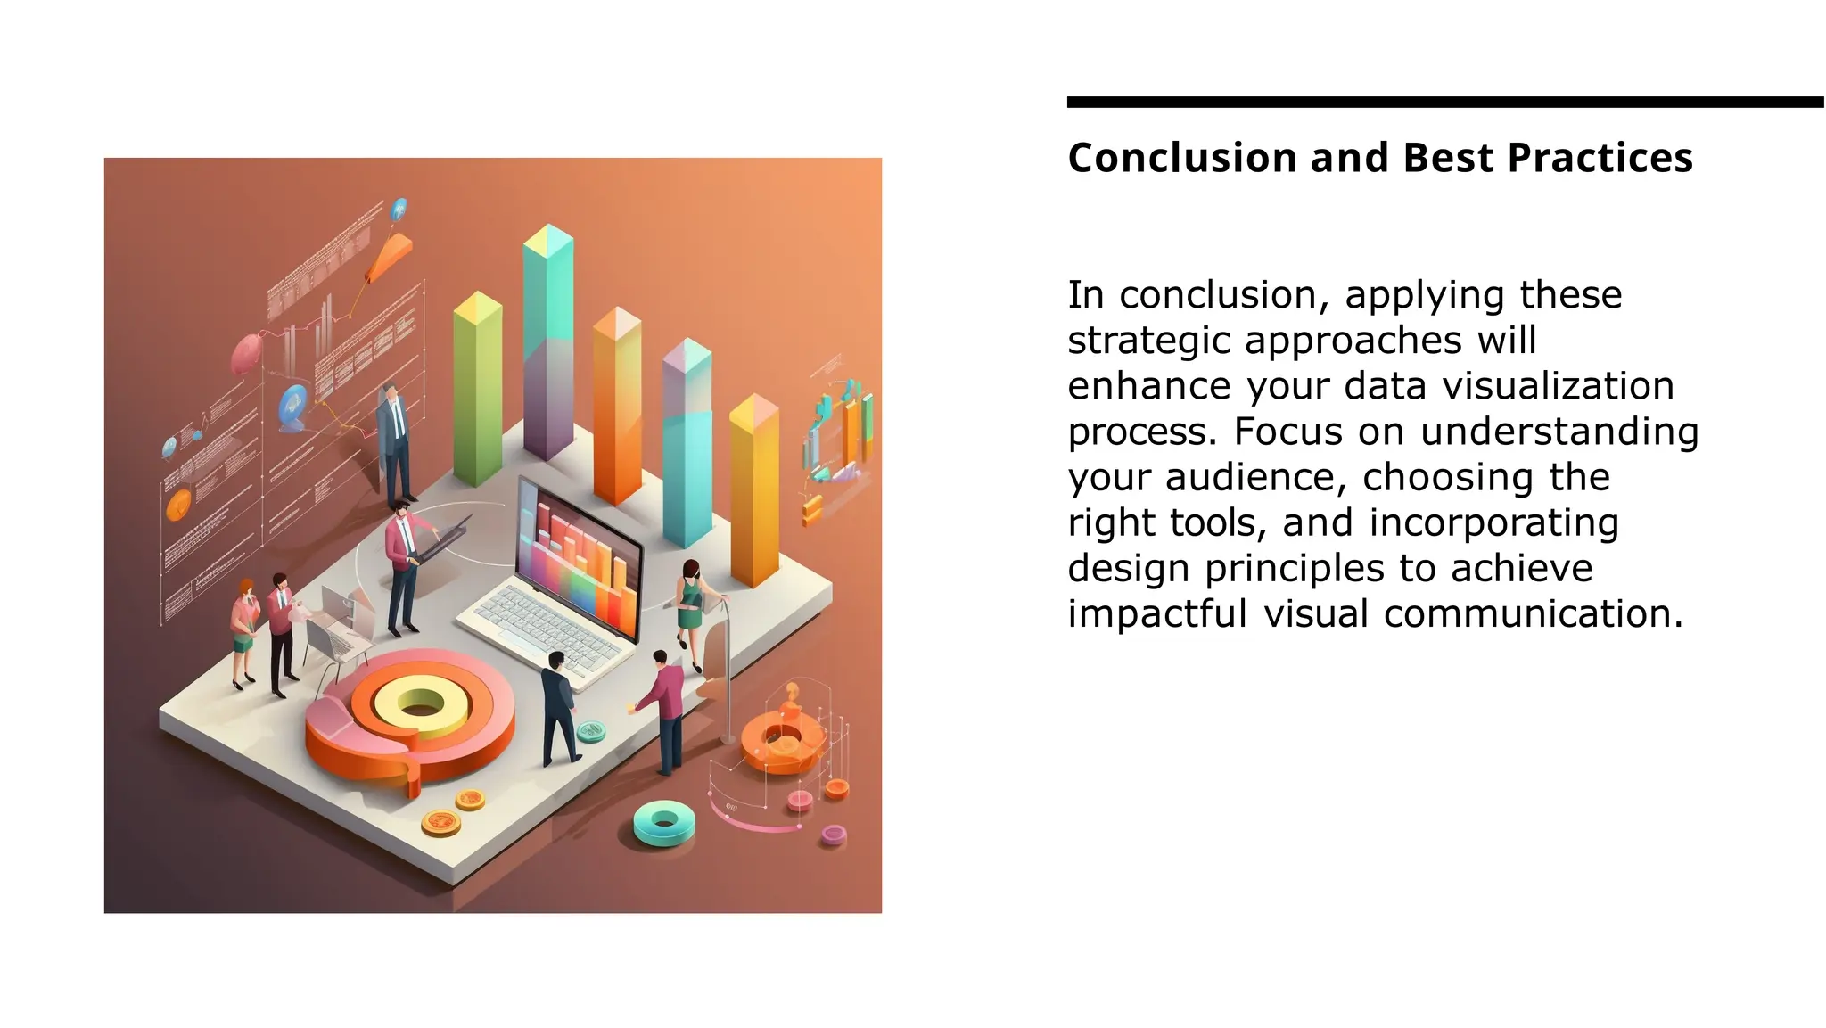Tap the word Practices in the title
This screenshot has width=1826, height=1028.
pos(1600,159)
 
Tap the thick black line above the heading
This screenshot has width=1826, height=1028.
pos(1444,103)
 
